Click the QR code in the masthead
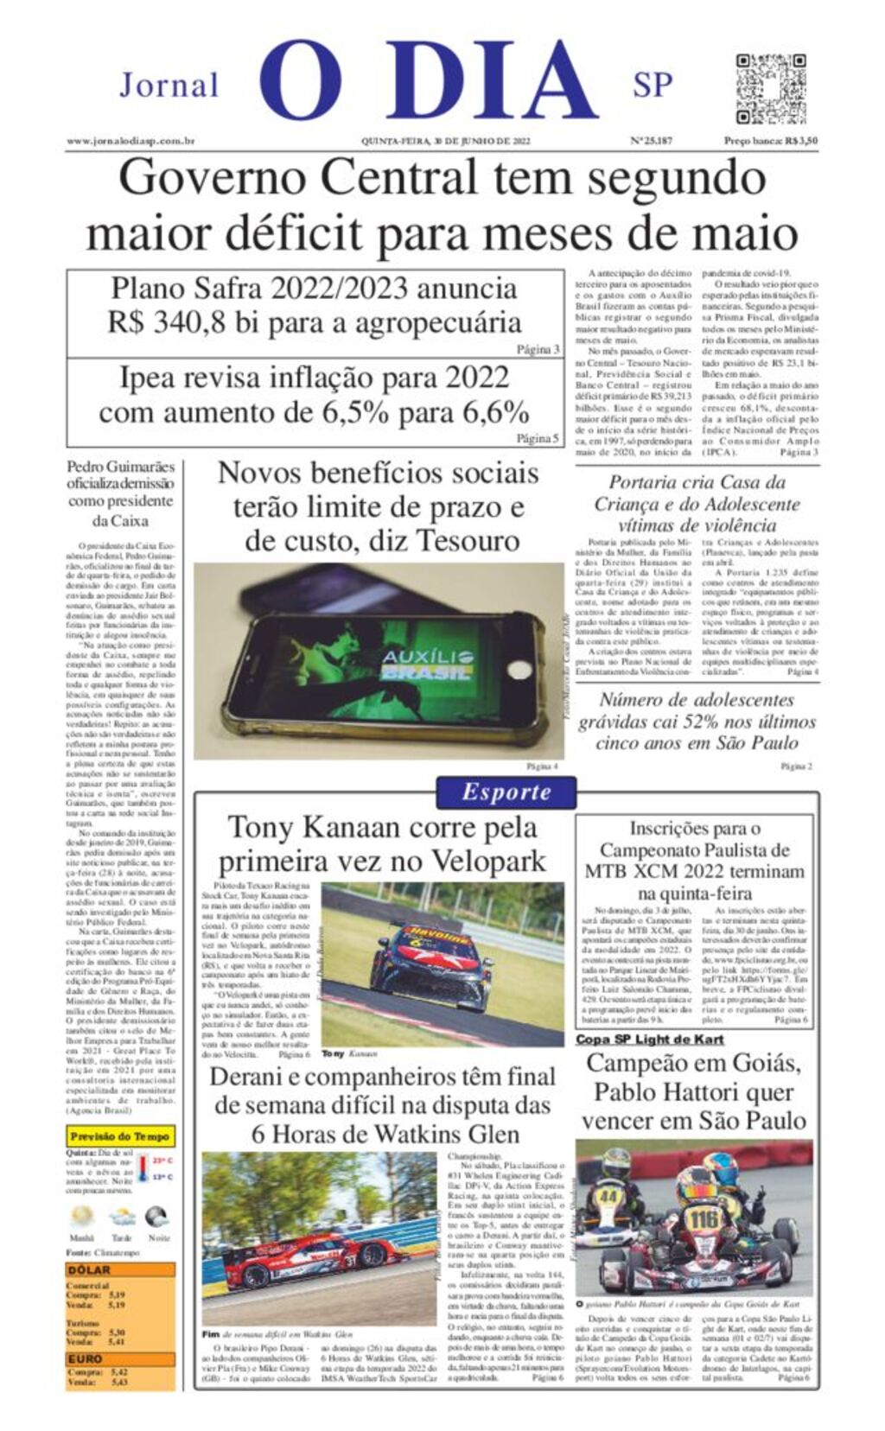(x=771, y=89)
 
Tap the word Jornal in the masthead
(x=169, y=86)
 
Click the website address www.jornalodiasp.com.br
(x=131, y=141)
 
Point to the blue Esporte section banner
(x=506, y=792)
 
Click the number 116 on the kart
(x=704, y=1219)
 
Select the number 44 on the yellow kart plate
(x=608, y=1196)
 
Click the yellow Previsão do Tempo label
(x=120, y=1136)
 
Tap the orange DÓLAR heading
(x=89, y=1270)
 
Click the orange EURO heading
(x=86, y=1358)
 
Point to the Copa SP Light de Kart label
(x=649, y=1040)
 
